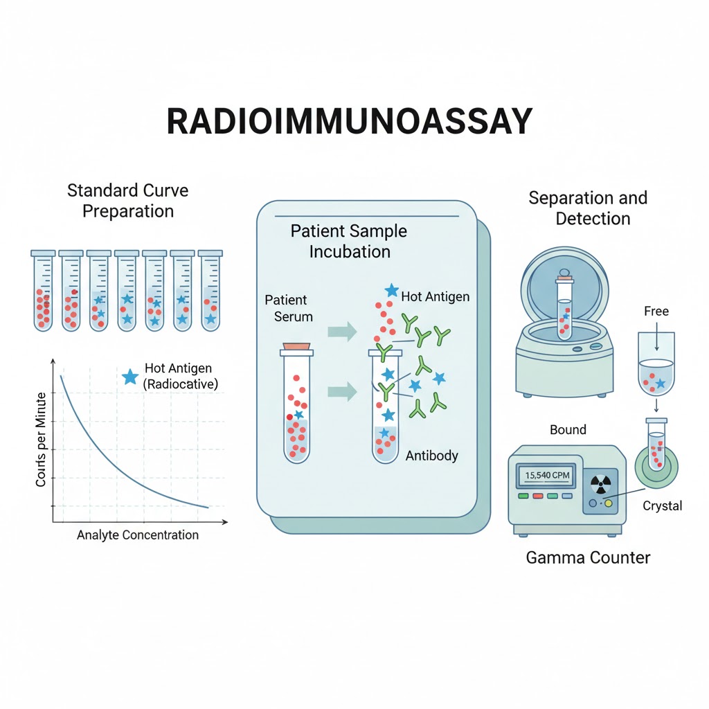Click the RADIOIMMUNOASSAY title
coord(350,122)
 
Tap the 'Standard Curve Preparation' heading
coord(127,200)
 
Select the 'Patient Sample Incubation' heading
coord(349,240)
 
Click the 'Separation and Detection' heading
coord(588,208)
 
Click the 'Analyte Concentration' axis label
coord(138,535)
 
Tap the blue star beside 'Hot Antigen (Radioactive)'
coord(129,376)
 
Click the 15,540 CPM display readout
coord(547,476)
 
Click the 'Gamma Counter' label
coord(588,557)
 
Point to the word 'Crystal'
coord(662,505)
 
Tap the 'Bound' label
coord(568,429)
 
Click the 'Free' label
coord(656,311)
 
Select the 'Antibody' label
coord(431,456)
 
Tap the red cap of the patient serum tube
coord(296,345)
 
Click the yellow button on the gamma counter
coord(609,503)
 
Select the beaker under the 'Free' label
coord(655,374)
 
